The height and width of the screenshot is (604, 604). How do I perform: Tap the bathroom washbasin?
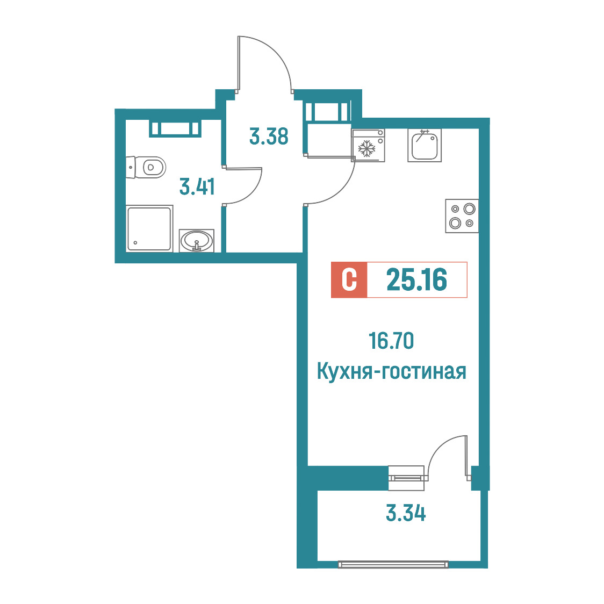197,241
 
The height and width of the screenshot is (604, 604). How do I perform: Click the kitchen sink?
425,145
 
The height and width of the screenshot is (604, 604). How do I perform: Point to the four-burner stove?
462,215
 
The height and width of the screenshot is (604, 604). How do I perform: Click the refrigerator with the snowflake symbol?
368,145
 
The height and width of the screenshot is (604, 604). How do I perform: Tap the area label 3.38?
269,136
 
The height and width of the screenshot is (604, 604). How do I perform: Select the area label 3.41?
197,187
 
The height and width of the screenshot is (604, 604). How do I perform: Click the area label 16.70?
391,341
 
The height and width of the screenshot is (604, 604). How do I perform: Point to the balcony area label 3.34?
406,514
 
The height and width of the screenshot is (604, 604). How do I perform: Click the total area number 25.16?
416,279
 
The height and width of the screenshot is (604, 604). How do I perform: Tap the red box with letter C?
349,279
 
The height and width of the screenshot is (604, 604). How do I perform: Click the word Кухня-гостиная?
391,371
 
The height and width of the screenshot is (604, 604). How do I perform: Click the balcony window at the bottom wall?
393,564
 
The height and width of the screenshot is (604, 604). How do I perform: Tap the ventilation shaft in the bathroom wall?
175,128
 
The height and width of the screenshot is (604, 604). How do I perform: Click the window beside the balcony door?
406,478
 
